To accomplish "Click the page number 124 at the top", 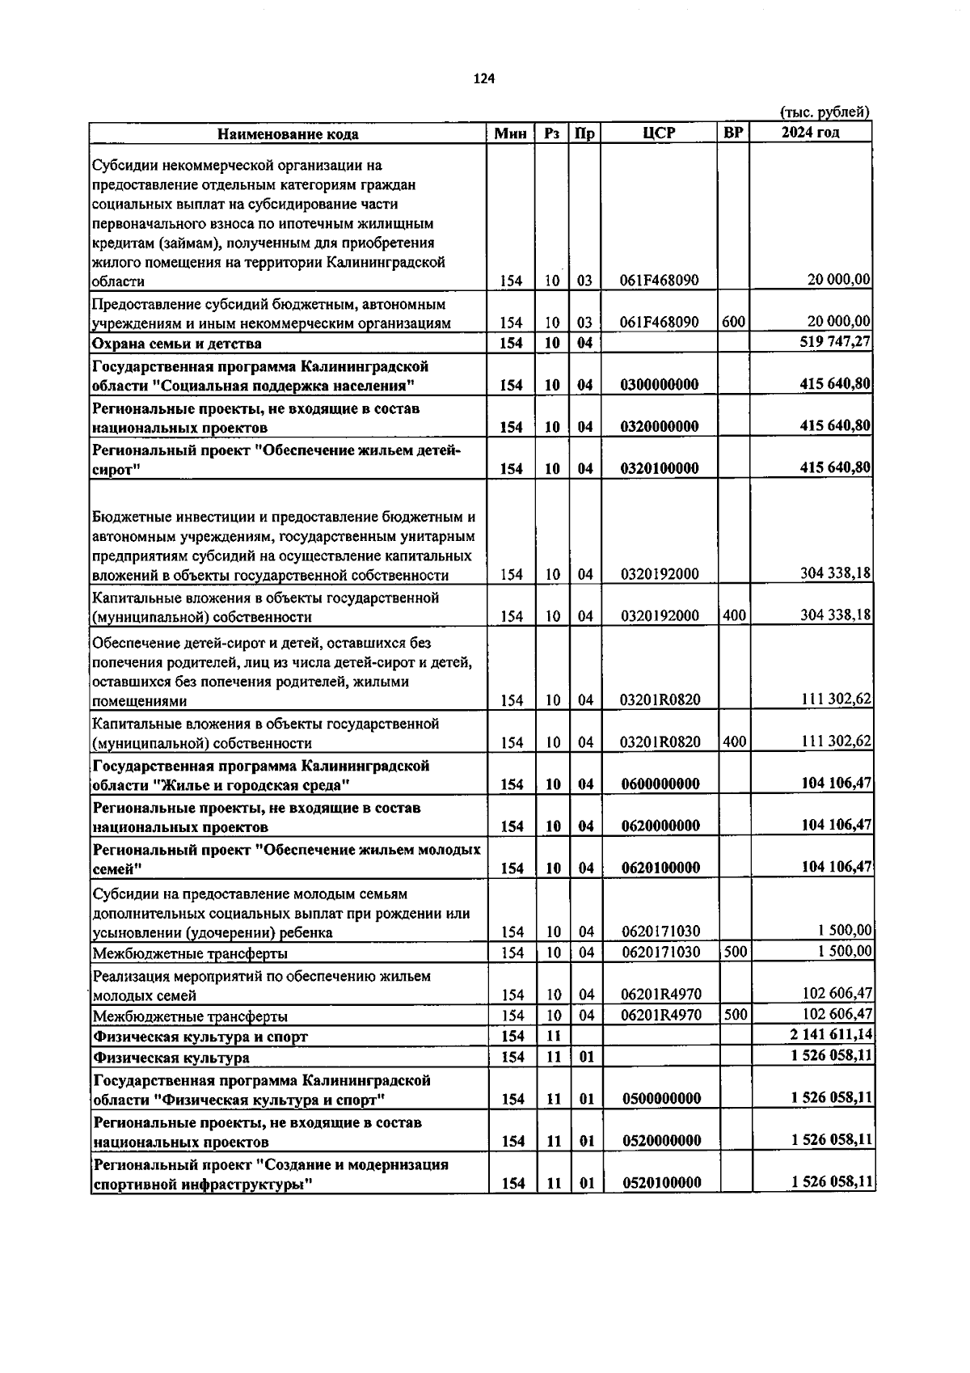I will (x=483, y=78).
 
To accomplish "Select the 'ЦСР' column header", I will (x=659, y=133).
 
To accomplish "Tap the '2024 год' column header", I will (x=810, y=133).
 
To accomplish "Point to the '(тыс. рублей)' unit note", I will (x=824, y=112).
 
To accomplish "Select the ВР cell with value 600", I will (x=733, y=322).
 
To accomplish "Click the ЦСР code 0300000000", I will (x=659, y=385).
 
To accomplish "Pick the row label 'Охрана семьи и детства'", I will (x=177, y=344).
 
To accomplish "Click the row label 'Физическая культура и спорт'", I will (x=200, y=1037).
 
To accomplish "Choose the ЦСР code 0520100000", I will (x=661, y=1183).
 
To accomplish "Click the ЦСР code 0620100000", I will (x=660, y=868).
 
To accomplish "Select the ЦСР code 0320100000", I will (x=659, y=468).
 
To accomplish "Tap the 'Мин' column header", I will (x=510, y=134).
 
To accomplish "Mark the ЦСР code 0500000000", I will (x=661, y=1099).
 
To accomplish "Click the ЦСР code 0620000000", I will (x=660, y=826).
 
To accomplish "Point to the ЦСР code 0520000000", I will (x=661, y=1141).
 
